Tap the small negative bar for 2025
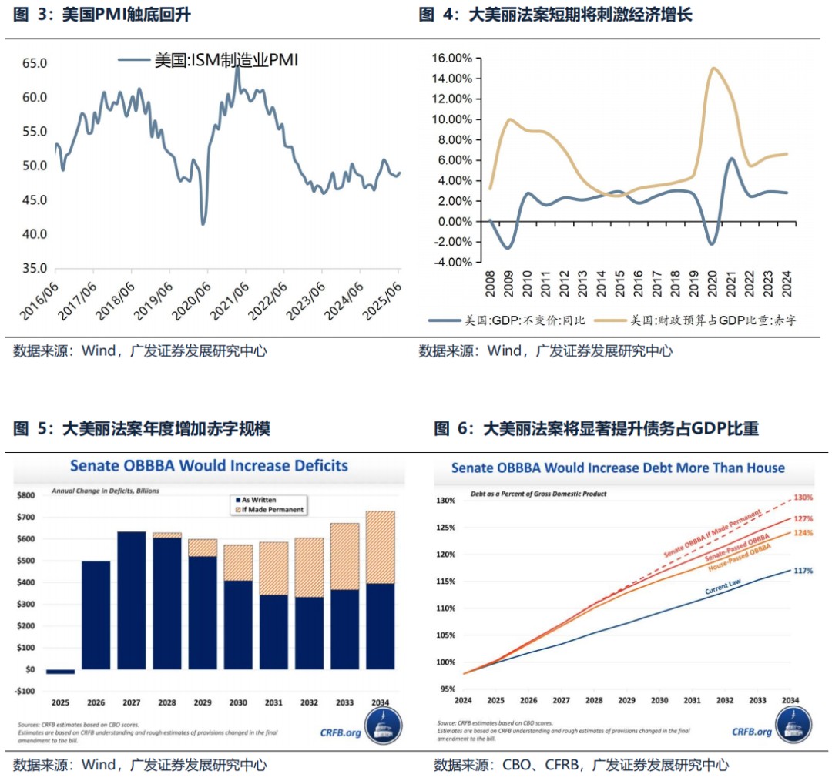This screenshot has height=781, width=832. tap(60, 672)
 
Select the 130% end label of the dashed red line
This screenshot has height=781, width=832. tap(803, 497)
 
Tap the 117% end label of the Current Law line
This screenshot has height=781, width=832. tap(803, 571)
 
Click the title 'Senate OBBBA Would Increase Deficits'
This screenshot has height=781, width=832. tap(209, 466)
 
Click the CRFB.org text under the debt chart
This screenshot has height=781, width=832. tap(751, 732)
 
